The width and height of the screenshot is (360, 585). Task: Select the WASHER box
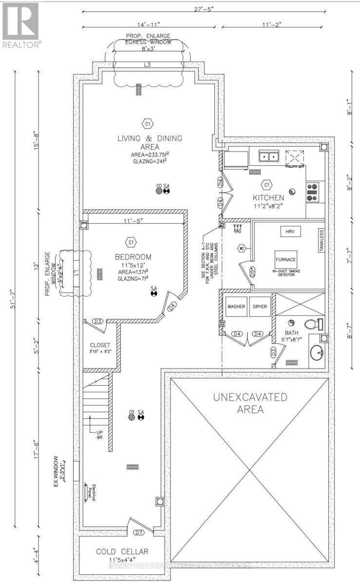coord(236,307)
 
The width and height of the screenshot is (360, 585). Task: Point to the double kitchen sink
coord(268,157)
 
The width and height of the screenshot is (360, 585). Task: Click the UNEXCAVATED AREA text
coord(250,403)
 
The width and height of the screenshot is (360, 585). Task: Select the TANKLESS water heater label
coord(321,240)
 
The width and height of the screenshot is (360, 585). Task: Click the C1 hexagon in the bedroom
coord(131,242)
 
